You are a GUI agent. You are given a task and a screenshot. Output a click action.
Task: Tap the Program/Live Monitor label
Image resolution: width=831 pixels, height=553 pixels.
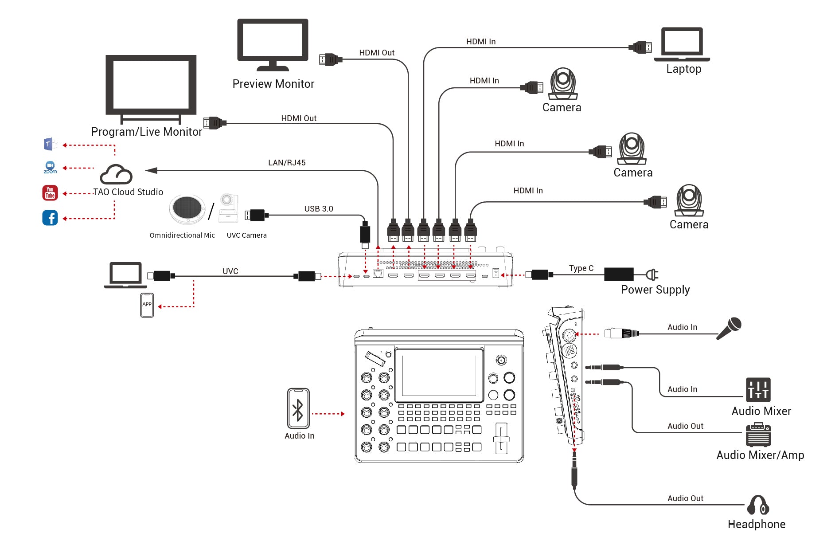click(x=146, y=132)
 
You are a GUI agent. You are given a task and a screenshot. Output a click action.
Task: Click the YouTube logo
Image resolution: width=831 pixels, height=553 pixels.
click(x=50, y=193)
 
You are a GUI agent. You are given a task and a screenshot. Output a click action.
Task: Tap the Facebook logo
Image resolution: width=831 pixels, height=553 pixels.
click(x=50, y=218)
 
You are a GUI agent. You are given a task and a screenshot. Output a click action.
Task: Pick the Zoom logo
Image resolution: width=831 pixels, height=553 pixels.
click(x=50, y=167)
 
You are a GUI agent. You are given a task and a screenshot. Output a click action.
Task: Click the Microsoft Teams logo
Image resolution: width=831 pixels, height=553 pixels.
click(x=50, y=144)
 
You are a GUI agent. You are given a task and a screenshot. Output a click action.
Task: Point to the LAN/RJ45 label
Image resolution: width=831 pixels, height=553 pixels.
click(x=287, y=163)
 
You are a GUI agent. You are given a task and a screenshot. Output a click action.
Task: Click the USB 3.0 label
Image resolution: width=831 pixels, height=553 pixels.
click(x=318, y=209)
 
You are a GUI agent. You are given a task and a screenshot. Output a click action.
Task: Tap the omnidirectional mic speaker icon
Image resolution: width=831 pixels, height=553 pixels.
click(x=187, y=209)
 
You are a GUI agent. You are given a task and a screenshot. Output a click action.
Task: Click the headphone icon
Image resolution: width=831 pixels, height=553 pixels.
click(x=758, y=505)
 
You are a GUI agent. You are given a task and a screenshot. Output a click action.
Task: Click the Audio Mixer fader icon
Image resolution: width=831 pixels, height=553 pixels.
click(x=758, y=390)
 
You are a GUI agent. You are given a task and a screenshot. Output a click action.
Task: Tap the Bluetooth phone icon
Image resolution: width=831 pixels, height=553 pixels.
click(x=298, y=408)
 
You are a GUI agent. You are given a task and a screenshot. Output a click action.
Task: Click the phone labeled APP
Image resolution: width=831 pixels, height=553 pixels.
click(x=147, y=305)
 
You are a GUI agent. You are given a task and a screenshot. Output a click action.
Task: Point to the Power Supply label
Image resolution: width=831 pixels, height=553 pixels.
click(x=655, y=290)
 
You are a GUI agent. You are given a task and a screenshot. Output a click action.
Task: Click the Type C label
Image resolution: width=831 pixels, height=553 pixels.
click(x=581, y=268)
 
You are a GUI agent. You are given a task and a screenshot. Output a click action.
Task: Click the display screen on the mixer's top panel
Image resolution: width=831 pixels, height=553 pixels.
click(x=439, y=373)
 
